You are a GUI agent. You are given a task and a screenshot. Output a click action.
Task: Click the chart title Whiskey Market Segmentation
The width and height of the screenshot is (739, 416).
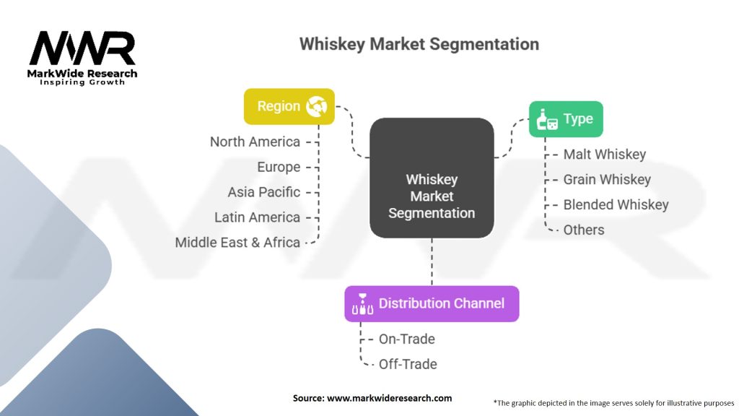pyautogui.click(x=419, y=44)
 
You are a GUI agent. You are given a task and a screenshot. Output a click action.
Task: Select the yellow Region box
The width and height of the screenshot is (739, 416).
pyautogui.click(x=289, y=106)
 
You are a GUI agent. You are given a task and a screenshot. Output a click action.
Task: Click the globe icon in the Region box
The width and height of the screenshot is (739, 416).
pyautogui.click(x=317, y=107)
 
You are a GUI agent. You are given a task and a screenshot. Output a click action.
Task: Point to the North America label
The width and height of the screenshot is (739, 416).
pyautogui.click(x=255, y=142)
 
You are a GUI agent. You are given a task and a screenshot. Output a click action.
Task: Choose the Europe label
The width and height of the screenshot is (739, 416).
pyautogui.click(x=279, y=167)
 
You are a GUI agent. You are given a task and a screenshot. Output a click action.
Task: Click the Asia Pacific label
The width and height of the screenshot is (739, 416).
pyautogui.click(x=263, y=192)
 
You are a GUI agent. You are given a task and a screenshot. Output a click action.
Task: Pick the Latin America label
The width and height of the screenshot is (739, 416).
pyautogui.click(x=257, y=217)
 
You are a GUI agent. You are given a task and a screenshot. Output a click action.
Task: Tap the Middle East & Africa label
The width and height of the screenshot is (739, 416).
pyautogui.click(x=237, y=243)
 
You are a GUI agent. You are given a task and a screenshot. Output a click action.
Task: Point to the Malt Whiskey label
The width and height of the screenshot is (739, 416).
pyautogui.click(x=604, y=155)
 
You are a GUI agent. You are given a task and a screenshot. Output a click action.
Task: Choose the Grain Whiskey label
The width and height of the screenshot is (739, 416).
pyautogui.click(x=607, y=180)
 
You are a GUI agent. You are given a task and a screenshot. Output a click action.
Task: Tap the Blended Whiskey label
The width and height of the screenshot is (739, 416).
pyautogui.click(x=616, y=205)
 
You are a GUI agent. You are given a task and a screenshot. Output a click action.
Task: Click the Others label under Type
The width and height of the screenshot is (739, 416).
pyautogui.click(x=584, y=230)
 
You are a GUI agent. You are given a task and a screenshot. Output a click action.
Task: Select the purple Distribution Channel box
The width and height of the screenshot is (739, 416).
pyautogui.click(x=432, y=303)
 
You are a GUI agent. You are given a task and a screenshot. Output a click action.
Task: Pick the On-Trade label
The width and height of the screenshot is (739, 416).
pyautogui.click(x=406, y=339)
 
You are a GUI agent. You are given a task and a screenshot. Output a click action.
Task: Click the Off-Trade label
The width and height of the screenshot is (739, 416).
pyautogui.click(x=408, y=364)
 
